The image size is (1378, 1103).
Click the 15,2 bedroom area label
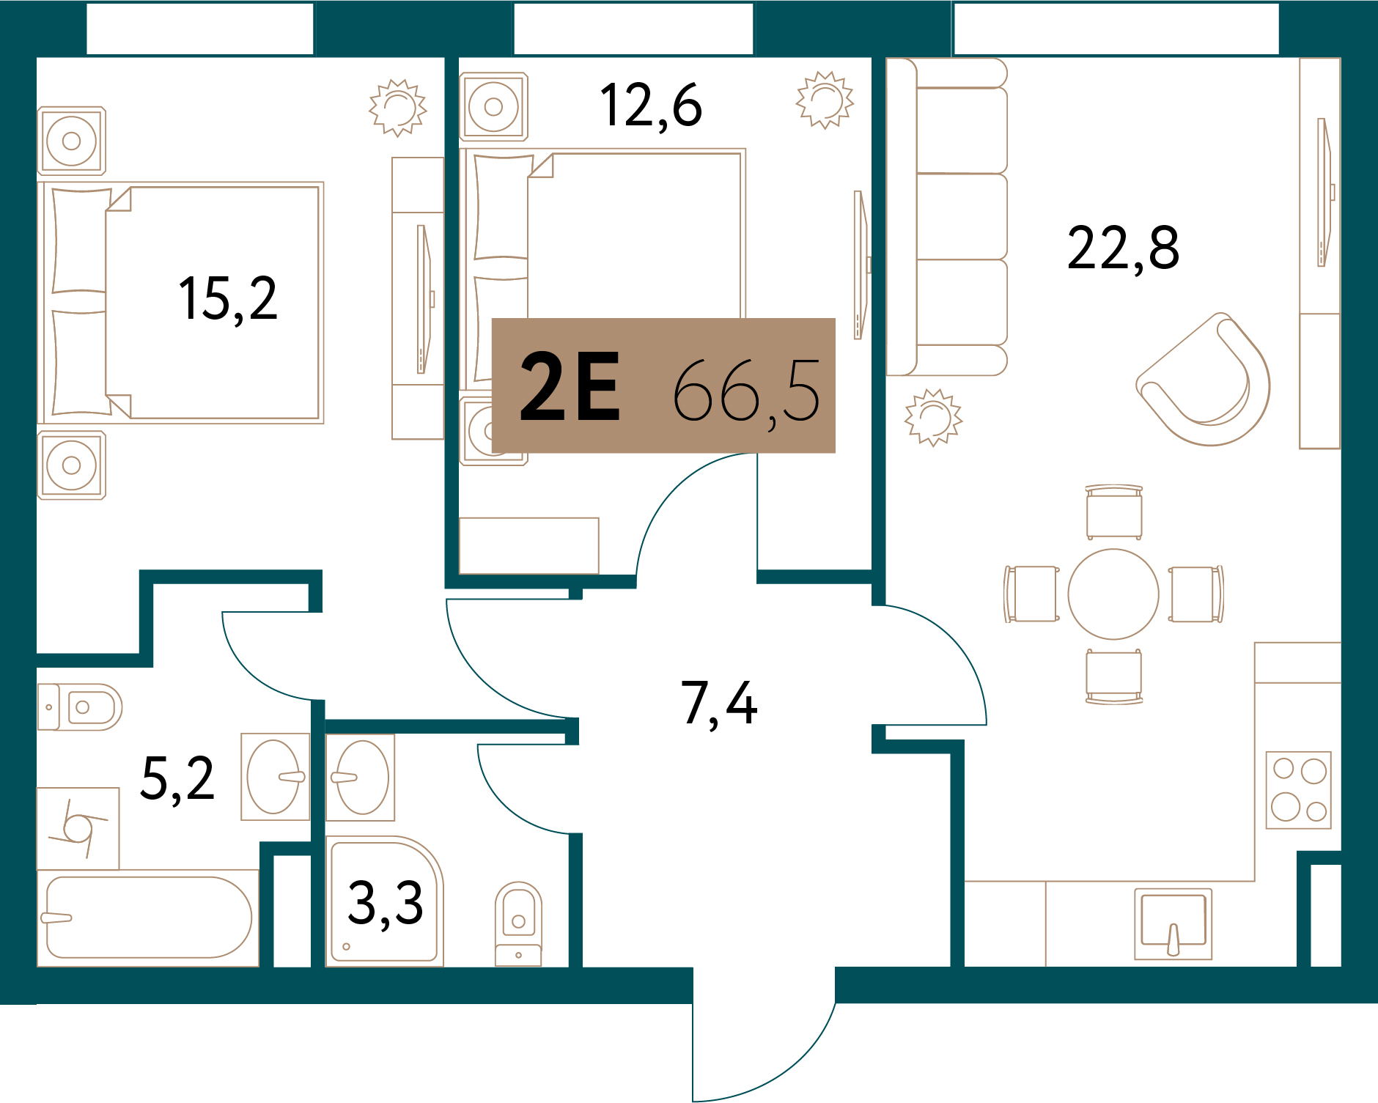(x=228, y=299)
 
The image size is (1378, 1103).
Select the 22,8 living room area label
(x=1123, y=249)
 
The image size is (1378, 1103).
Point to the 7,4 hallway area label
(x=719, y=704)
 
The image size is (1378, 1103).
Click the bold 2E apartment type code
(x=570, y=386)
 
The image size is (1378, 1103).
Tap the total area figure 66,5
(x=746, y=392)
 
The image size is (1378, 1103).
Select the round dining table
(x=1113, y=594)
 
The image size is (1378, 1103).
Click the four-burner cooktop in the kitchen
(x=1299, y=790)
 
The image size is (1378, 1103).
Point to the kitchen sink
(x=1173, y=923)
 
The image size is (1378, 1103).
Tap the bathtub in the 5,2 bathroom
(x=148, y=918)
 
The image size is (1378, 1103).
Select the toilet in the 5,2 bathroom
(x=81, y=707)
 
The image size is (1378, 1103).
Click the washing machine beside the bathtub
(x=78, y=829)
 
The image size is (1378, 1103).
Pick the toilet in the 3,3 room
(x=518, y=923)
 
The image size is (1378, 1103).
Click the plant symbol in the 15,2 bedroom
(x=398, y=108)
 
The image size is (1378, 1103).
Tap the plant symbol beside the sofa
(x=933, y=418)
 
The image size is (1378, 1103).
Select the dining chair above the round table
(x=1114, y=512)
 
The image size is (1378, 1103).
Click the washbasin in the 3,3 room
(x=361, y=778)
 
